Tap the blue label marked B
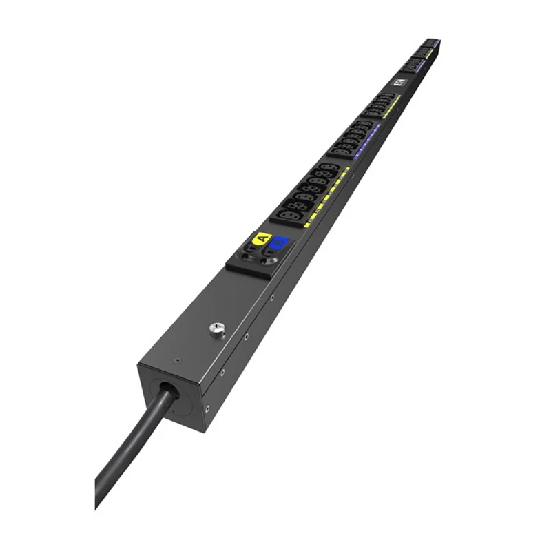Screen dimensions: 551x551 [279, 243]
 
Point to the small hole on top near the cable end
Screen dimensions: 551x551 [179, 359]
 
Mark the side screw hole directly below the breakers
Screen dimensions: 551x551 [272, 298]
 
